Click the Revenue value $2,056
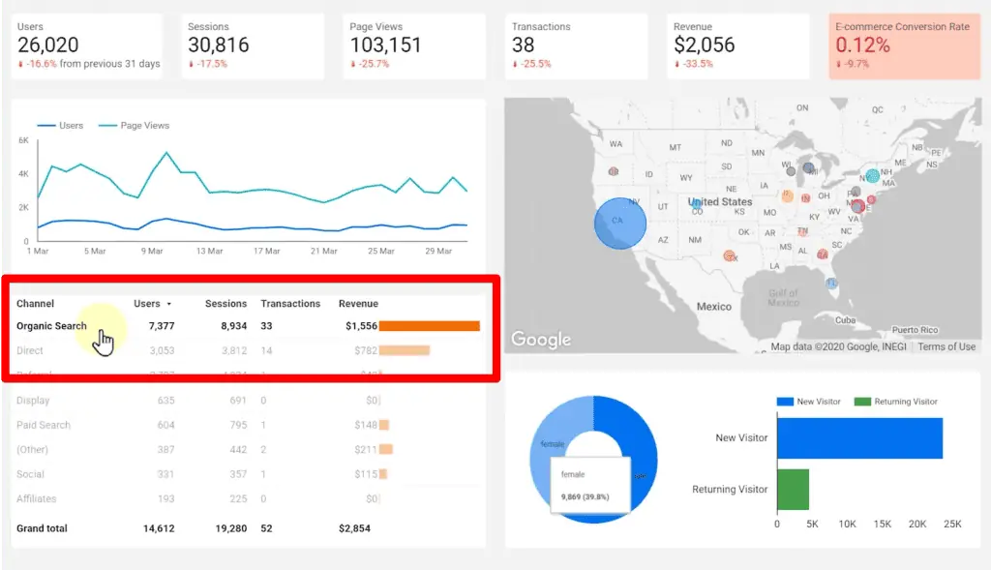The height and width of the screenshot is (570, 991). (704, 45)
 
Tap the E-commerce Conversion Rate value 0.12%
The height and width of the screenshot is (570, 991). (862, 45)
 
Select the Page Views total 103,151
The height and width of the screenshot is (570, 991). (385, 45)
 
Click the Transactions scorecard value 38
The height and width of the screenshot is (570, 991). (524, 45)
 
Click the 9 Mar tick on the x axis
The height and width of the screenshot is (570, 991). (152, 251)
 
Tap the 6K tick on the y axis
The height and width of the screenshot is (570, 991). (23, 140)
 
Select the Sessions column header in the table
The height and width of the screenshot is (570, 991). (225, 304)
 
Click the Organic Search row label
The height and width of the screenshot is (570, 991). (51, 326)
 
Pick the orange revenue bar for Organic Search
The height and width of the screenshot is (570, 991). (429, 326)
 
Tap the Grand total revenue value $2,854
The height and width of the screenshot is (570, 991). (354, 528)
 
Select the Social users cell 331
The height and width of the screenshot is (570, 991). (165, 474)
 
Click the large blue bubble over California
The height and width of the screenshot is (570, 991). (619, 224)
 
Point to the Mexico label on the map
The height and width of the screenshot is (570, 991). (713, 306)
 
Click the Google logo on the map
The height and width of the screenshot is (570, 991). (540, 340)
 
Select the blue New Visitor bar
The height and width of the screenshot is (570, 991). (859, 438)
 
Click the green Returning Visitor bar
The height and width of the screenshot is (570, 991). (793, 489)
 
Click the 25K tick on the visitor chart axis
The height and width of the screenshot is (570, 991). (952, 524)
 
